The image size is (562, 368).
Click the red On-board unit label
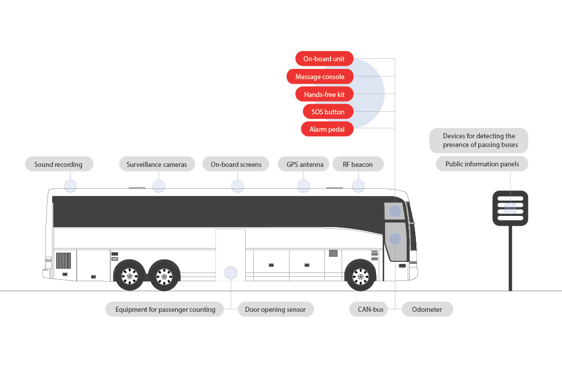[324, 59]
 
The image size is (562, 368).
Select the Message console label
[320, 77]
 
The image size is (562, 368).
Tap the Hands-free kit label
[324, 94]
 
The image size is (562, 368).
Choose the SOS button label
[327, 112]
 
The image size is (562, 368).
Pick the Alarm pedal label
[327, 129]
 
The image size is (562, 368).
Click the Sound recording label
[59, 164]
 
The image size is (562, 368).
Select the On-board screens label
[236, 164]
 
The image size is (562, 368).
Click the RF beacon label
[358, 164]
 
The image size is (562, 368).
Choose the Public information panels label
[482, 164]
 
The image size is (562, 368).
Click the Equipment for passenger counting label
[165, 309]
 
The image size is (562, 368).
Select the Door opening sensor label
[275, 309]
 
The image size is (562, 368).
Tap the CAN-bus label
[367, 309]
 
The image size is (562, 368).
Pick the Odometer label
[427, 309]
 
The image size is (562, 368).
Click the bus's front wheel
[361, 276]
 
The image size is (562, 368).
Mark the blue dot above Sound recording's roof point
[70, 186]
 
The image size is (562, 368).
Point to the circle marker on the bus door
[231, 273]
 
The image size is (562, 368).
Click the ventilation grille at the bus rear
[63, 260]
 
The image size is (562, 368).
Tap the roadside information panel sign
[510, 208]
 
